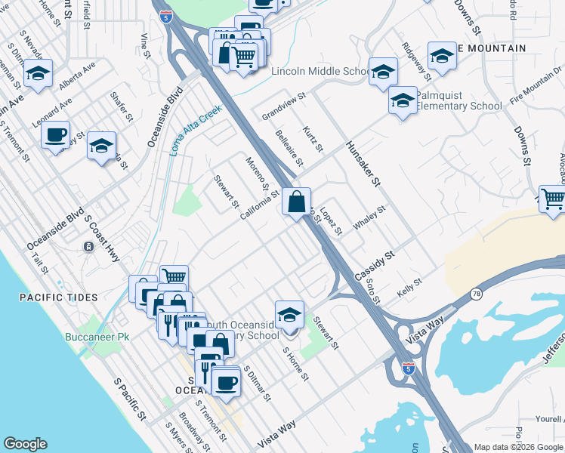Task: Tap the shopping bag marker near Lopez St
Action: (x=297, y=202)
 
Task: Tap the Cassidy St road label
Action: (x=375, y=267)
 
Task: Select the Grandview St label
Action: (x=283, y=106)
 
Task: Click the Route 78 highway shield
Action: (x=475, y=294)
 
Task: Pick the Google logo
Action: (x=26, y=444)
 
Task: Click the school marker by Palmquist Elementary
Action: (x=403, y=100)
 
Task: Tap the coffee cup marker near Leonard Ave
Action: (x=55, y=136)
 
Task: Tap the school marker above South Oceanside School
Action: (x=289, y=315)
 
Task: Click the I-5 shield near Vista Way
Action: (x=409, y=368)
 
